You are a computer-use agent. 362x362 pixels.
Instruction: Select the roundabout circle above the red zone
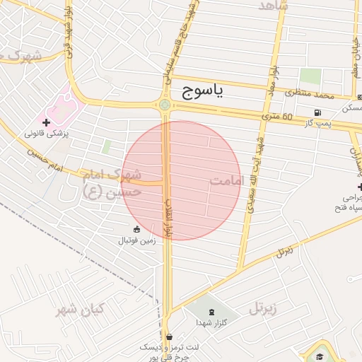[x=165, y=105]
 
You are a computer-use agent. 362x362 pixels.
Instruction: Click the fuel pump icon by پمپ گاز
[x=318, y=113]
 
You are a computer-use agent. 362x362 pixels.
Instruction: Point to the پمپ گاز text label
[x=318, y=124]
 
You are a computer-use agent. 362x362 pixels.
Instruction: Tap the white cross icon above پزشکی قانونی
[x=47, y=122]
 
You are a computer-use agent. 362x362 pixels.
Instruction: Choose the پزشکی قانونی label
[x=46, y=133]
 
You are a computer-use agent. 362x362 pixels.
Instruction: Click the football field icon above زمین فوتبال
[x=136, y=228]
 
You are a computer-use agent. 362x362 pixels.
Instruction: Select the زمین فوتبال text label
[x=136, y=240]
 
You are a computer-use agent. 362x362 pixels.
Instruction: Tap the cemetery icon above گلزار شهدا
[x=211, y=311]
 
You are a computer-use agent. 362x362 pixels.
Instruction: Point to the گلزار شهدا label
[x=211, y=322]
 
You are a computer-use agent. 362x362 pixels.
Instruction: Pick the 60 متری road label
[x=277, y=115]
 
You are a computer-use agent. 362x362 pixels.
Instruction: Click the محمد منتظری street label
[x=313, y=93]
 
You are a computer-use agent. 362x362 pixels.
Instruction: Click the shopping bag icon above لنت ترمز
[x=169, y=337]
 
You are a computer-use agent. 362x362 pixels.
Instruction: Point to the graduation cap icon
[x=320, y=356]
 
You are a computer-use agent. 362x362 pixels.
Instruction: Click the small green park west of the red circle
[x=106, y=146]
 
